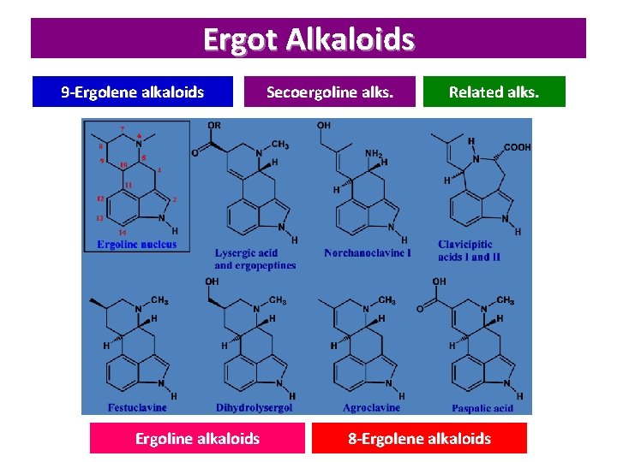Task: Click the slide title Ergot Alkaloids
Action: [x=308, y=39]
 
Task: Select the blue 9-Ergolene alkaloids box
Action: [x=132, y=92]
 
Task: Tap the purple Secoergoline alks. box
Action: [x=330, y=92]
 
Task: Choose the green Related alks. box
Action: [x=494, y=92]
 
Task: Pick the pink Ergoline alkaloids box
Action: [x=197, y=438]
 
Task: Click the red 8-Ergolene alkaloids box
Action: [x=419, y=438]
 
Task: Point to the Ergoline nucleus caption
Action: [x=137, y=245]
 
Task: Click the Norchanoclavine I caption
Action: [x=368, y=253]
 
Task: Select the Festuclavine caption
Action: [x=137, y=407]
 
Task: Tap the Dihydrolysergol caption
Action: [x=254, y=407]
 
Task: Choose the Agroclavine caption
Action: [x=371, y=407]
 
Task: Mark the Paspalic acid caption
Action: [x=482, y=408]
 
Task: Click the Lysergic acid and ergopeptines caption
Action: [x=255, y=259]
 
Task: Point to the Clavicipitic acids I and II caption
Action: [x=470, y=251]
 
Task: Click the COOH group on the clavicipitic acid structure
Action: [x=516, y=147]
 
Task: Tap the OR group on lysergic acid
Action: [x=214, y=126]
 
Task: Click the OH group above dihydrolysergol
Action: [x=212, y=281]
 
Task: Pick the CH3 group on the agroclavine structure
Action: [x=386, y=300]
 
